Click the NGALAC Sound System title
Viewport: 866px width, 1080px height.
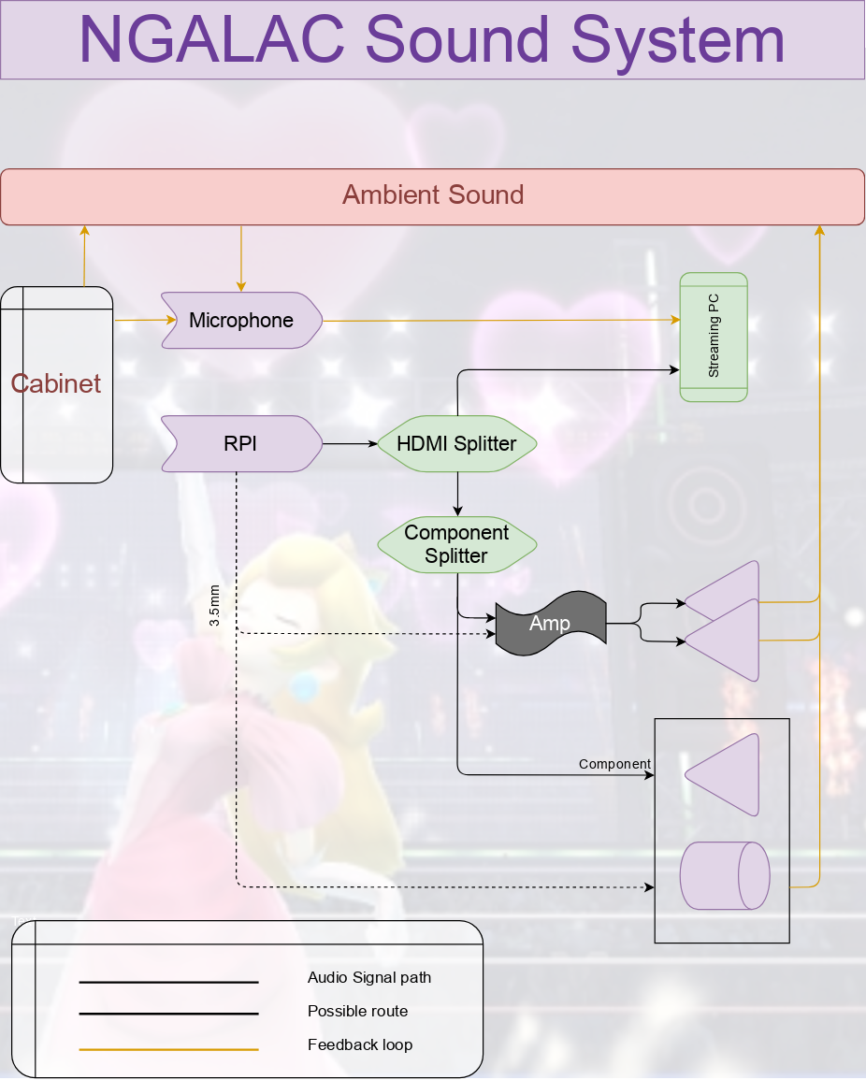(432, 39)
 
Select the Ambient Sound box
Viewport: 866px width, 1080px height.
(432, 196)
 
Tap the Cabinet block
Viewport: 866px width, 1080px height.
(56, 383)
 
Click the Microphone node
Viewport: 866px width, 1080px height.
(241, 321)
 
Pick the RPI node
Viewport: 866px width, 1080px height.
(240, 443)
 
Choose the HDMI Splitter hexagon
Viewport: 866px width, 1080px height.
(456, 443)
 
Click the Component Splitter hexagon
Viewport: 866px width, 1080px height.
(456, 544)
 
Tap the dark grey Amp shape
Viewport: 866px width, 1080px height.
(550, 623)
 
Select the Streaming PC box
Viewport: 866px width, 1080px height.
(714, 337)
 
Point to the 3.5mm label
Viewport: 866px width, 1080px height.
(215, 605)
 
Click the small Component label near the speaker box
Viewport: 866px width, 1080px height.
(614, 764)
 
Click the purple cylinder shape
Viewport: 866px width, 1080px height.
(725, 875)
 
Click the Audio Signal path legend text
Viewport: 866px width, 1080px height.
(369, 978)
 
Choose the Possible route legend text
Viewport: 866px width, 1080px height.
(357, 1012)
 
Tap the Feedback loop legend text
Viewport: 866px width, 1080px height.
(360, 1045)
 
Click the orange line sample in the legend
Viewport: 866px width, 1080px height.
(168, 1049)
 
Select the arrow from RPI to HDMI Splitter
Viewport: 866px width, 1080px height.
(348, 443)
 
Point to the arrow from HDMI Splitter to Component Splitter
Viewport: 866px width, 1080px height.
(457, 494)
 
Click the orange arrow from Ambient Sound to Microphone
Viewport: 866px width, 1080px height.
(241, 258)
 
